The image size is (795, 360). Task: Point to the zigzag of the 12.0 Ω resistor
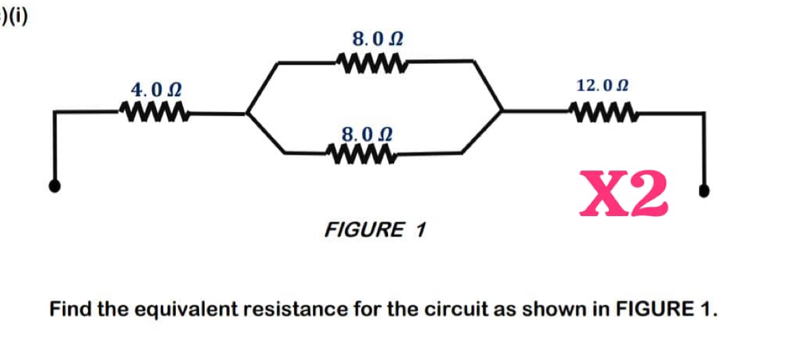coord(604,110)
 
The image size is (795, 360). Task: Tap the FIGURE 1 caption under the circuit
coord(375,230)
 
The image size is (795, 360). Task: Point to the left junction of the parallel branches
coord(247,112)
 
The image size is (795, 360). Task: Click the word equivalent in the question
coord(180,310)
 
